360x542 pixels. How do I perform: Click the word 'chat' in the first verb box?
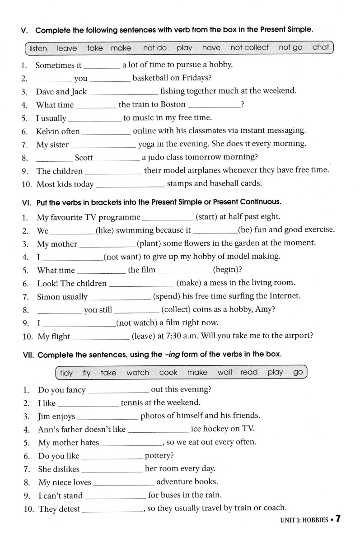(x=321, y=47)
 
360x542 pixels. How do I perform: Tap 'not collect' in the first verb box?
(x=249, y=47)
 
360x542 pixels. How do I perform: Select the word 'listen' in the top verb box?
(x=38, y=48)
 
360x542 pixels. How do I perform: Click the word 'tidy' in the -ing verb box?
(x=66, y=373)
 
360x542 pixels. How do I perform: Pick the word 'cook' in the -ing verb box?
(x=168, y=373)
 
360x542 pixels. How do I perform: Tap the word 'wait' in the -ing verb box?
(x=225, y=373)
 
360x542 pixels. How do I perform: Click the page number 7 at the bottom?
(x=337, y=519)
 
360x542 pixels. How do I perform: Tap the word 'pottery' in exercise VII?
(x=159, y=455)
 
